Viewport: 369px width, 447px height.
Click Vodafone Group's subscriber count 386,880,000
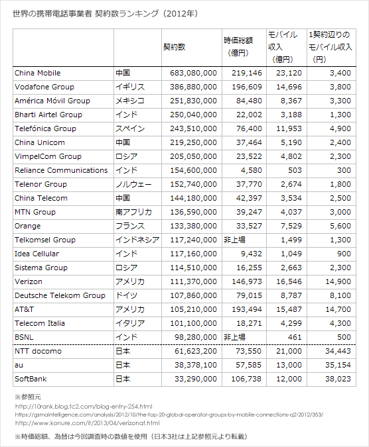pyautogui.click(x=190, y=87)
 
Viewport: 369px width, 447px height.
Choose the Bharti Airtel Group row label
pyautogui.click(x=48, y=115)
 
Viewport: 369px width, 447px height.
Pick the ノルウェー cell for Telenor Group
pyautogui.click(x=133, y=184)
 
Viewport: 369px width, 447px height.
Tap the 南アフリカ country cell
pyautogui.click(x=133, y=212)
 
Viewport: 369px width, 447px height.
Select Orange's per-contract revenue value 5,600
pyautogui.click(x=341, y=226)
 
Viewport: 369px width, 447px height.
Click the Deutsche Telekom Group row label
pyautogui.click(x=60, y=295)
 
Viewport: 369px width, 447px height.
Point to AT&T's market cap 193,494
pyautogui.click(x=245, y=309)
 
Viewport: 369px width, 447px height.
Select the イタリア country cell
pyautogui.click(x=131, y=323)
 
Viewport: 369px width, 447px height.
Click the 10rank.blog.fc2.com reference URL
pyautogui.click(x=84, y=405)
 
